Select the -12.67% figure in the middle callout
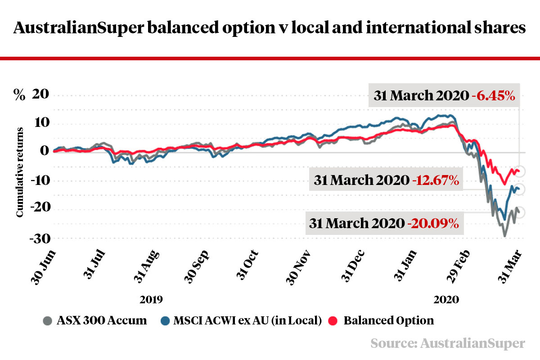435,180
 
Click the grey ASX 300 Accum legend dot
47,321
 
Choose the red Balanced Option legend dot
333,321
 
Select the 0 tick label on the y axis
44,152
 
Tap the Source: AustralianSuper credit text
448,343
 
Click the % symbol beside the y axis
19,96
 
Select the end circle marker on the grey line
519,212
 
